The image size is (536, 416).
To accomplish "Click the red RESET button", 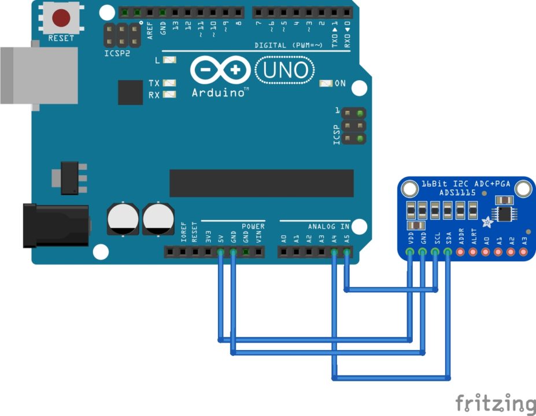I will tap(61, 18).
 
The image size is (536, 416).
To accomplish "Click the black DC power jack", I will tap(55, 225).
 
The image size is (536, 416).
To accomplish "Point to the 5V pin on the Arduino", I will tap(220, 252).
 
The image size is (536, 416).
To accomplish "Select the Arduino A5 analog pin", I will tap(346, 252).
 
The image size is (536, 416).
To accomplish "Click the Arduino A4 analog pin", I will tap(334, 252).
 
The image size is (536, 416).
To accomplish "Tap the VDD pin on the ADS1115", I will tap(410, 252).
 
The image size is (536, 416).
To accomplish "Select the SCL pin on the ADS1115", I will tap(435, 252).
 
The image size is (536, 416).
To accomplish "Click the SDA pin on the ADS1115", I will tap(448, 252).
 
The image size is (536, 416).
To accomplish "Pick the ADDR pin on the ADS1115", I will tap(461, 252).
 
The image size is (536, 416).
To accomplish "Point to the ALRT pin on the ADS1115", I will tap(474, 252).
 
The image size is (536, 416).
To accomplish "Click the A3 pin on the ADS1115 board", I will tap(524, 252).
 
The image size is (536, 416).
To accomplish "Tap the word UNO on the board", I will tap(286, 70).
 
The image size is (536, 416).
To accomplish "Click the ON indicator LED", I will tap(326, 83).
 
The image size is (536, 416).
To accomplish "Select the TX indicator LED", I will tap(169, 83).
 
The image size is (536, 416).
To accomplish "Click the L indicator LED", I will tap(169, 60).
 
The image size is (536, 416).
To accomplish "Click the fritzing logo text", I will tap(494, 403).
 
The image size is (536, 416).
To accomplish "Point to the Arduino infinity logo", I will tap(220, 70).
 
